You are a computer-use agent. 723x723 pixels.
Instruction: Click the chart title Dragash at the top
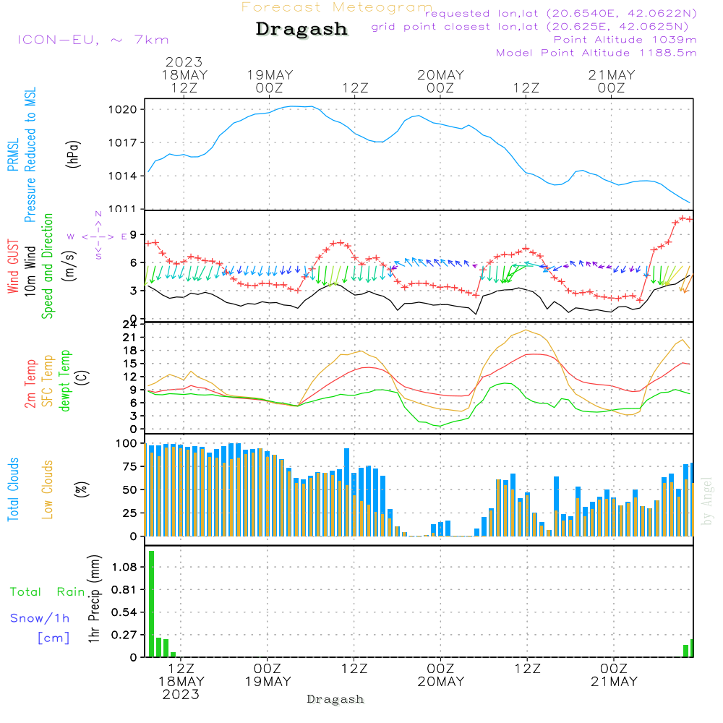point(301,30)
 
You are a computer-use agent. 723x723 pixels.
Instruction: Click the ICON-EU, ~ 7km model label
point(93,40)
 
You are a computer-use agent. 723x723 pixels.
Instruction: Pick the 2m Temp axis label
point(30,384)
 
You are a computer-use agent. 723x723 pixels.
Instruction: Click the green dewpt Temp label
point(64,381)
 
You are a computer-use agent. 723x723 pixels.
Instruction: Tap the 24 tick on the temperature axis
point(130,325)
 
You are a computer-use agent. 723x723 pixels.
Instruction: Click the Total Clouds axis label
point(12,489)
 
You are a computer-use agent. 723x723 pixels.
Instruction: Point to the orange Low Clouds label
point(48,489)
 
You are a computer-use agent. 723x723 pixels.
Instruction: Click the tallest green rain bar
point(152,604)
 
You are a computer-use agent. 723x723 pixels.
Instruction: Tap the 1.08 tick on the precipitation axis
point(125,568)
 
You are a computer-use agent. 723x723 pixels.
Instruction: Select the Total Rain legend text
point(48,592)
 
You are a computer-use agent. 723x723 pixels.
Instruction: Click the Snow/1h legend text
point(40,618)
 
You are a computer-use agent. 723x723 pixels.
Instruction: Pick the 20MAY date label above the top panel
point(440,75)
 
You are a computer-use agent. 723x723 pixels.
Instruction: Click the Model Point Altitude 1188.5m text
point(596,53)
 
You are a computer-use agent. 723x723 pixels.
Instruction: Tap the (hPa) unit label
point(73,153)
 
